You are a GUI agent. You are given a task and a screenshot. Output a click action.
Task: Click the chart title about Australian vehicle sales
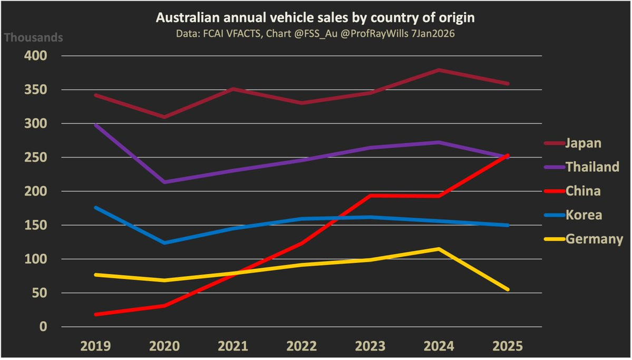pos(315,18)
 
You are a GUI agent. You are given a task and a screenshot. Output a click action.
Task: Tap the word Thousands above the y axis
pos(34,38)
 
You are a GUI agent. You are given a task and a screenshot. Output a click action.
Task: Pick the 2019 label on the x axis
pos(95,346)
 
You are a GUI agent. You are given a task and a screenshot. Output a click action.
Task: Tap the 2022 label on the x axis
pos(302,346)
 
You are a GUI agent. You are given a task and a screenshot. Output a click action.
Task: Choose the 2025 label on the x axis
pos(508,346)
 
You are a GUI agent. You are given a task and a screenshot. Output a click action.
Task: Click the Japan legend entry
pos(584,143)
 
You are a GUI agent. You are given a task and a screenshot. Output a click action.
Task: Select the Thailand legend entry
pos(592,167)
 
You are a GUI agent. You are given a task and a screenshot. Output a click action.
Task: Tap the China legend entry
pos(582,191)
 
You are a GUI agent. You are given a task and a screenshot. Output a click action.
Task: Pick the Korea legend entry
pos(584,215)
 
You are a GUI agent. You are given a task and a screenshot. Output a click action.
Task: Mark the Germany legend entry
pos(594,239)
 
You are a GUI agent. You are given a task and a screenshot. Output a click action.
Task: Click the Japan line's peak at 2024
pos(439,70)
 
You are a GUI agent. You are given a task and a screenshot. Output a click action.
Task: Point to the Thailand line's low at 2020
pos(164,182)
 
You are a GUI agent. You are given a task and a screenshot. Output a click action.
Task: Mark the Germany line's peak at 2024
pos(439,249)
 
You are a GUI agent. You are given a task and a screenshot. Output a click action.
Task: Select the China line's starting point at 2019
pos(96,314)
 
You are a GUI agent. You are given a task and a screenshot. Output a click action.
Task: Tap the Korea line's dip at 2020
pos(164,243)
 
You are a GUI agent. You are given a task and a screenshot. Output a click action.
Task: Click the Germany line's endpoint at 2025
pos(508,289)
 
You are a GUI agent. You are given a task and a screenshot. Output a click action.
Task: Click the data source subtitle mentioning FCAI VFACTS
pos(315,33)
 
